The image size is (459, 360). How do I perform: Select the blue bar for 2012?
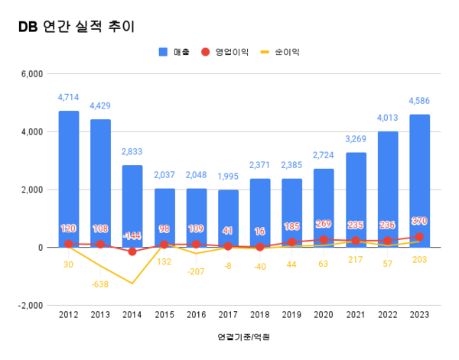(69, 179)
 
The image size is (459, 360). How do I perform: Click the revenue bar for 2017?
(228, 218)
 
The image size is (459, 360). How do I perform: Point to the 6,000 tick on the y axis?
(33, 74)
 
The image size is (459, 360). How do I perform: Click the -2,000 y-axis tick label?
(31, 305)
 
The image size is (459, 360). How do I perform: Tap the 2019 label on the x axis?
(291, 314)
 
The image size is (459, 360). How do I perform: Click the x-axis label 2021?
(355, 314)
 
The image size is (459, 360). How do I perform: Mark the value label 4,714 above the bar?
(69, 98)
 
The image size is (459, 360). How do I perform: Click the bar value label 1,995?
(228, 177)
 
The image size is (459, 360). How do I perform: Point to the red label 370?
(419, 221)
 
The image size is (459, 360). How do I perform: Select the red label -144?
(132, 235)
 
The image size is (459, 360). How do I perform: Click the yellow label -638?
(100, 285)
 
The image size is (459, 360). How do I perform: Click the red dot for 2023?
(419, 237)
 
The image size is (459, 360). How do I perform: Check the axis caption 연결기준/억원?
(243, 336)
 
